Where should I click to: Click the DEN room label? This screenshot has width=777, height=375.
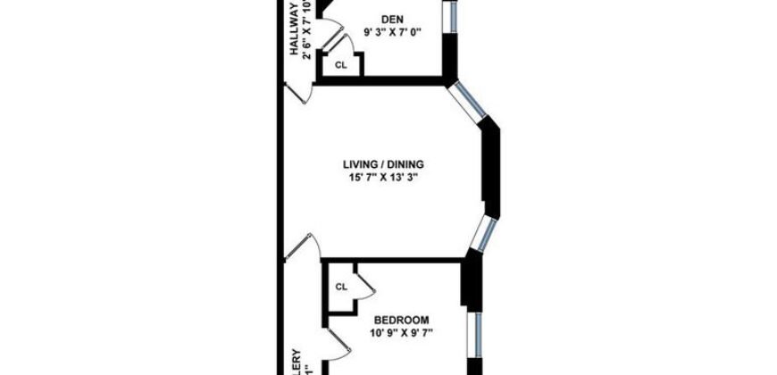390,19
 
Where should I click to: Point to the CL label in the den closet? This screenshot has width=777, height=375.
340,65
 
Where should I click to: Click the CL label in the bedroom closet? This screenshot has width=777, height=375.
341,287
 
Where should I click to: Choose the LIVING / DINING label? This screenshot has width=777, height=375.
383,164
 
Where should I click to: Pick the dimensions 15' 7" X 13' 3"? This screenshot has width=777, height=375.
383,178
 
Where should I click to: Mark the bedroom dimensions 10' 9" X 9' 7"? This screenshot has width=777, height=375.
402,334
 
